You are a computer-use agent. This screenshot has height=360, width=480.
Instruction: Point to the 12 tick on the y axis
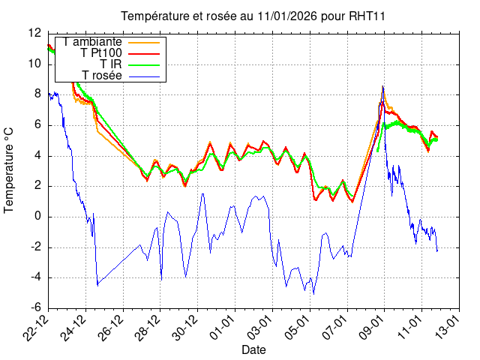click(34, 33)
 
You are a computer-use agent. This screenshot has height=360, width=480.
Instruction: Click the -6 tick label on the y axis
click(34, 308)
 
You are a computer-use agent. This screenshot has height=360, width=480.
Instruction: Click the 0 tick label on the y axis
click(38, 217)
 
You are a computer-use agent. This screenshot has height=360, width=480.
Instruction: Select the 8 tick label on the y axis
click(38, 94)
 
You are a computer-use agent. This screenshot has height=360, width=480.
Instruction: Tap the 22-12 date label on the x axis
click(37, 327)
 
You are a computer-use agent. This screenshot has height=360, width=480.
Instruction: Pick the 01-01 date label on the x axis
click(223, 327)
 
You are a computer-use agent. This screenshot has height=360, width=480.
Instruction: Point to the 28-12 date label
click(149, 327)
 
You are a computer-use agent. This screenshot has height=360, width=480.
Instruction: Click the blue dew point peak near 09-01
click(382, 86)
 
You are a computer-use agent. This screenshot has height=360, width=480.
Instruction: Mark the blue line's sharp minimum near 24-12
click(97, 286)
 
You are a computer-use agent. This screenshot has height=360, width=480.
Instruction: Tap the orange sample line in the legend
click(144, 41)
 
